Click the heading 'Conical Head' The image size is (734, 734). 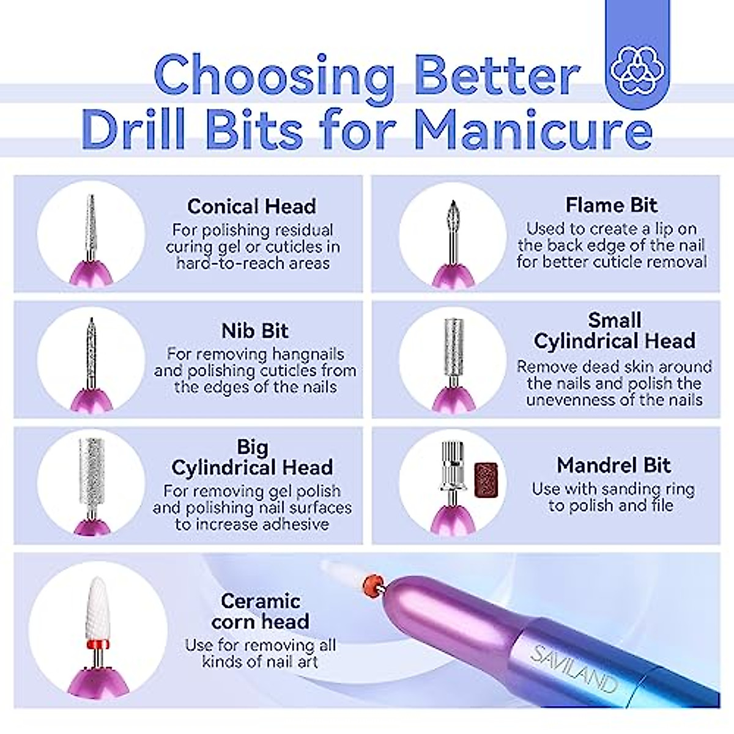pyautogui.click(x=251, y=207)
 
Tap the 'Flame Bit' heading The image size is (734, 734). pyautogui.click(x=611, y=205)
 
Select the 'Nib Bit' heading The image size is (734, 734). pyautogui.click(x=254, y=331)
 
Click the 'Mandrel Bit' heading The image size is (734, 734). pyautogui.click(x=614, y=465)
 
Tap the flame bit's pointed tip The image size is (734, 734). pyautogui.click(x=452, y=205)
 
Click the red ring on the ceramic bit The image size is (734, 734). pyautogui.click(x=97, y=643)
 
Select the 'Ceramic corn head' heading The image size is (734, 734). pyautogui.click(x=260, y=611)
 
